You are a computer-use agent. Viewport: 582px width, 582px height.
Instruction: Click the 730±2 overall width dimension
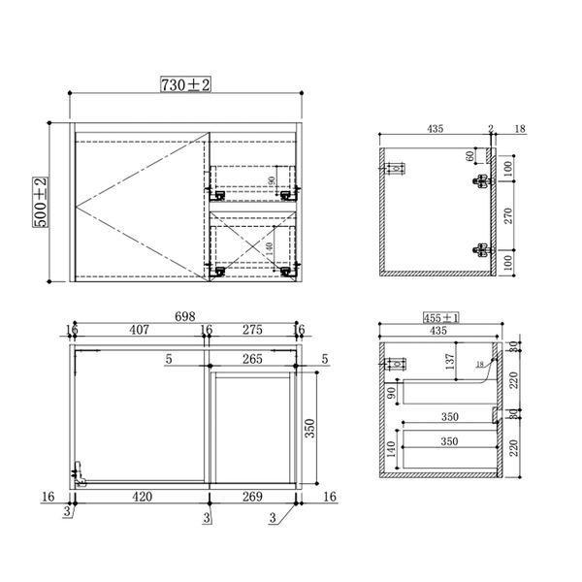(x=185, y=86)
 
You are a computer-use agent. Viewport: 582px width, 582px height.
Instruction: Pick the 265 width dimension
(x=252, y=359)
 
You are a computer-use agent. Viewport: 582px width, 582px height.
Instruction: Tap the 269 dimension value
(x=251, y=497)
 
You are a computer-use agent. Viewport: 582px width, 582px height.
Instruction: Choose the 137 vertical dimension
(x=449, y=361)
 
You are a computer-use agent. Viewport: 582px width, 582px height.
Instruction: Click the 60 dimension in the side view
(x=470, y=155)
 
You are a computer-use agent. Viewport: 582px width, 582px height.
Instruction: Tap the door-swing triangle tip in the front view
(x=76, y=206)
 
